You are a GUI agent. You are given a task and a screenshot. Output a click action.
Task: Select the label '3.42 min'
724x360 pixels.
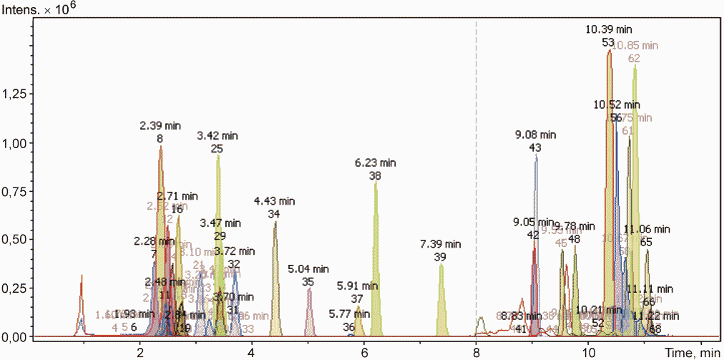click(x=217, y=136)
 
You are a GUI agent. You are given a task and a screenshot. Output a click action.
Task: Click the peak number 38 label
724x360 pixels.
click(x=375, y=175)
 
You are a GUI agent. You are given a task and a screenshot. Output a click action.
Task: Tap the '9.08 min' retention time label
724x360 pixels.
click(x=535, y=135)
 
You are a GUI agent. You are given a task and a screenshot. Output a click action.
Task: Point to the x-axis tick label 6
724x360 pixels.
click(x=364, y=351)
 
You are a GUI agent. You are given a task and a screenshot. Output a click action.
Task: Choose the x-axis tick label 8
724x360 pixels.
click(x=476, y=351)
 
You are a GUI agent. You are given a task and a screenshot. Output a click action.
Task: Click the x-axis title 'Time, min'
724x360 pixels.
click(x=691, y=351)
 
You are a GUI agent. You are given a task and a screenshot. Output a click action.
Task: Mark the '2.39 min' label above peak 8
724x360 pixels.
click(x=160, y=125)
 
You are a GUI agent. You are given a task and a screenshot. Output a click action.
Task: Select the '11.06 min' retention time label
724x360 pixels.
click(x=647, y=229)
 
